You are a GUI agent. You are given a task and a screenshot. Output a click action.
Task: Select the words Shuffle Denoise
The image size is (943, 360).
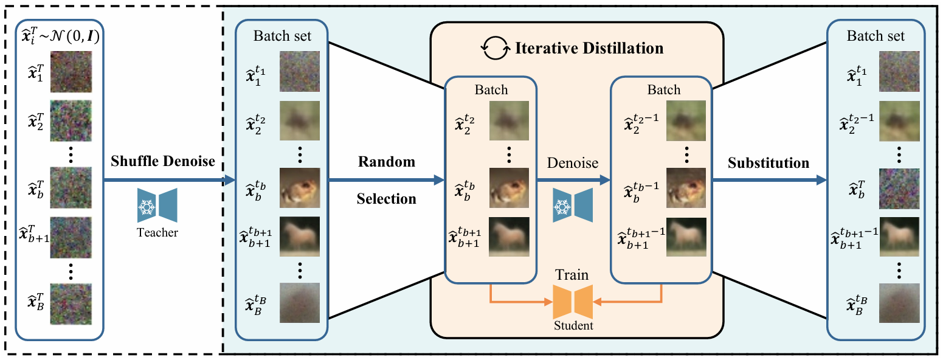click(162, 162)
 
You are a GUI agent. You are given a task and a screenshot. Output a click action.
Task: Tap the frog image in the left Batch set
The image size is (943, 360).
click(300, 187)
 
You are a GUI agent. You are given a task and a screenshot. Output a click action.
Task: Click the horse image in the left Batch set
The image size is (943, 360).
click(300, 237)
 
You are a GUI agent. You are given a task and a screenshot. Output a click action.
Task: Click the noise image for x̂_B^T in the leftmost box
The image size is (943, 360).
click(71, 302)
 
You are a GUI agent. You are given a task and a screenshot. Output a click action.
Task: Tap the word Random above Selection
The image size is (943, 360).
click(386, 162)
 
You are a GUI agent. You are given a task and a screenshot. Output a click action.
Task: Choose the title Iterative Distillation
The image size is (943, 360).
click(589, 48)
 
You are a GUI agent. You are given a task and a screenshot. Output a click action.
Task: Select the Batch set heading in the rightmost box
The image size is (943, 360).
click(876, 36)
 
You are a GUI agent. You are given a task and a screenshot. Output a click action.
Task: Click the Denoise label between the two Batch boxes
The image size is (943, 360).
click(573, 163)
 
